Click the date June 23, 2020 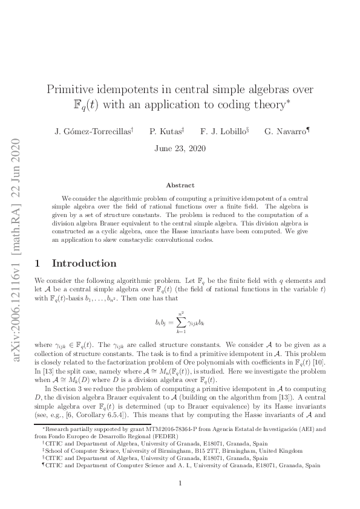[x=180, y=148]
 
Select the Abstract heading [x=180, y=185]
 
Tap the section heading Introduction [x=84, y=264]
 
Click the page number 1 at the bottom [x=180, y=483]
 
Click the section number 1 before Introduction [x=38, y=264]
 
